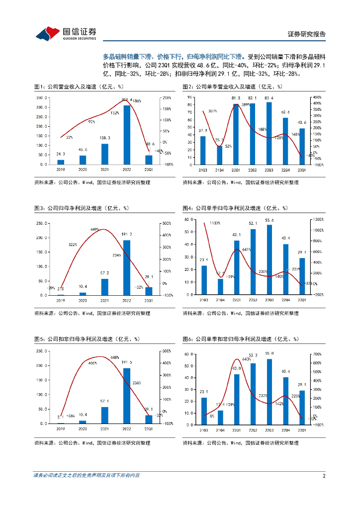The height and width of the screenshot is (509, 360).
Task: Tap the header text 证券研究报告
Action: [x=307, y=34]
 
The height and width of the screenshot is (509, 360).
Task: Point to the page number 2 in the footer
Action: [x=324, y=476]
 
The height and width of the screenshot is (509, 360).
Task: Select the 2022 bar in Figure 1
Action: [x=127, y=134]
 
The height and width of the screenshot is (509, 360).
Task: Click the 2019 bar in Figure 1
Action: [x=61, y=162]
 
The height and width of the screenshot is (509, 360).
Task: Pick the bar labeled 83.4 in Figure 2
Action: [x=269, y=133]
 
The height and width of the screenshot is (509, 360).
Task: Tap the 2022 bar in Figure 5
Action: [x=127, y=396]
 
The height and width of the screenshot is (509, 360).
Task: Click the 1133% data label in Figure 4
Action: [x=215, y=223]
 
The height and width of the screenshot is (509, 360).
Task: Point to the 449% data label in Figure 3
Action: [x=95, y=229]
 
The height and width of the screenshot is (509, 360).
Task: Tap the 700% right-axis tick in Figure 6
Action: [x=317, y=354]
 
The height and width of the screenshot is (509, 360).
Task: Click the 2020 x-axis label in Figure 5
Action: [x=83, y=429]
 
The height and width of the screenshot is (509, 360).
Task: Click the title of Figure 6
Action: [x=240, y=339]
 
